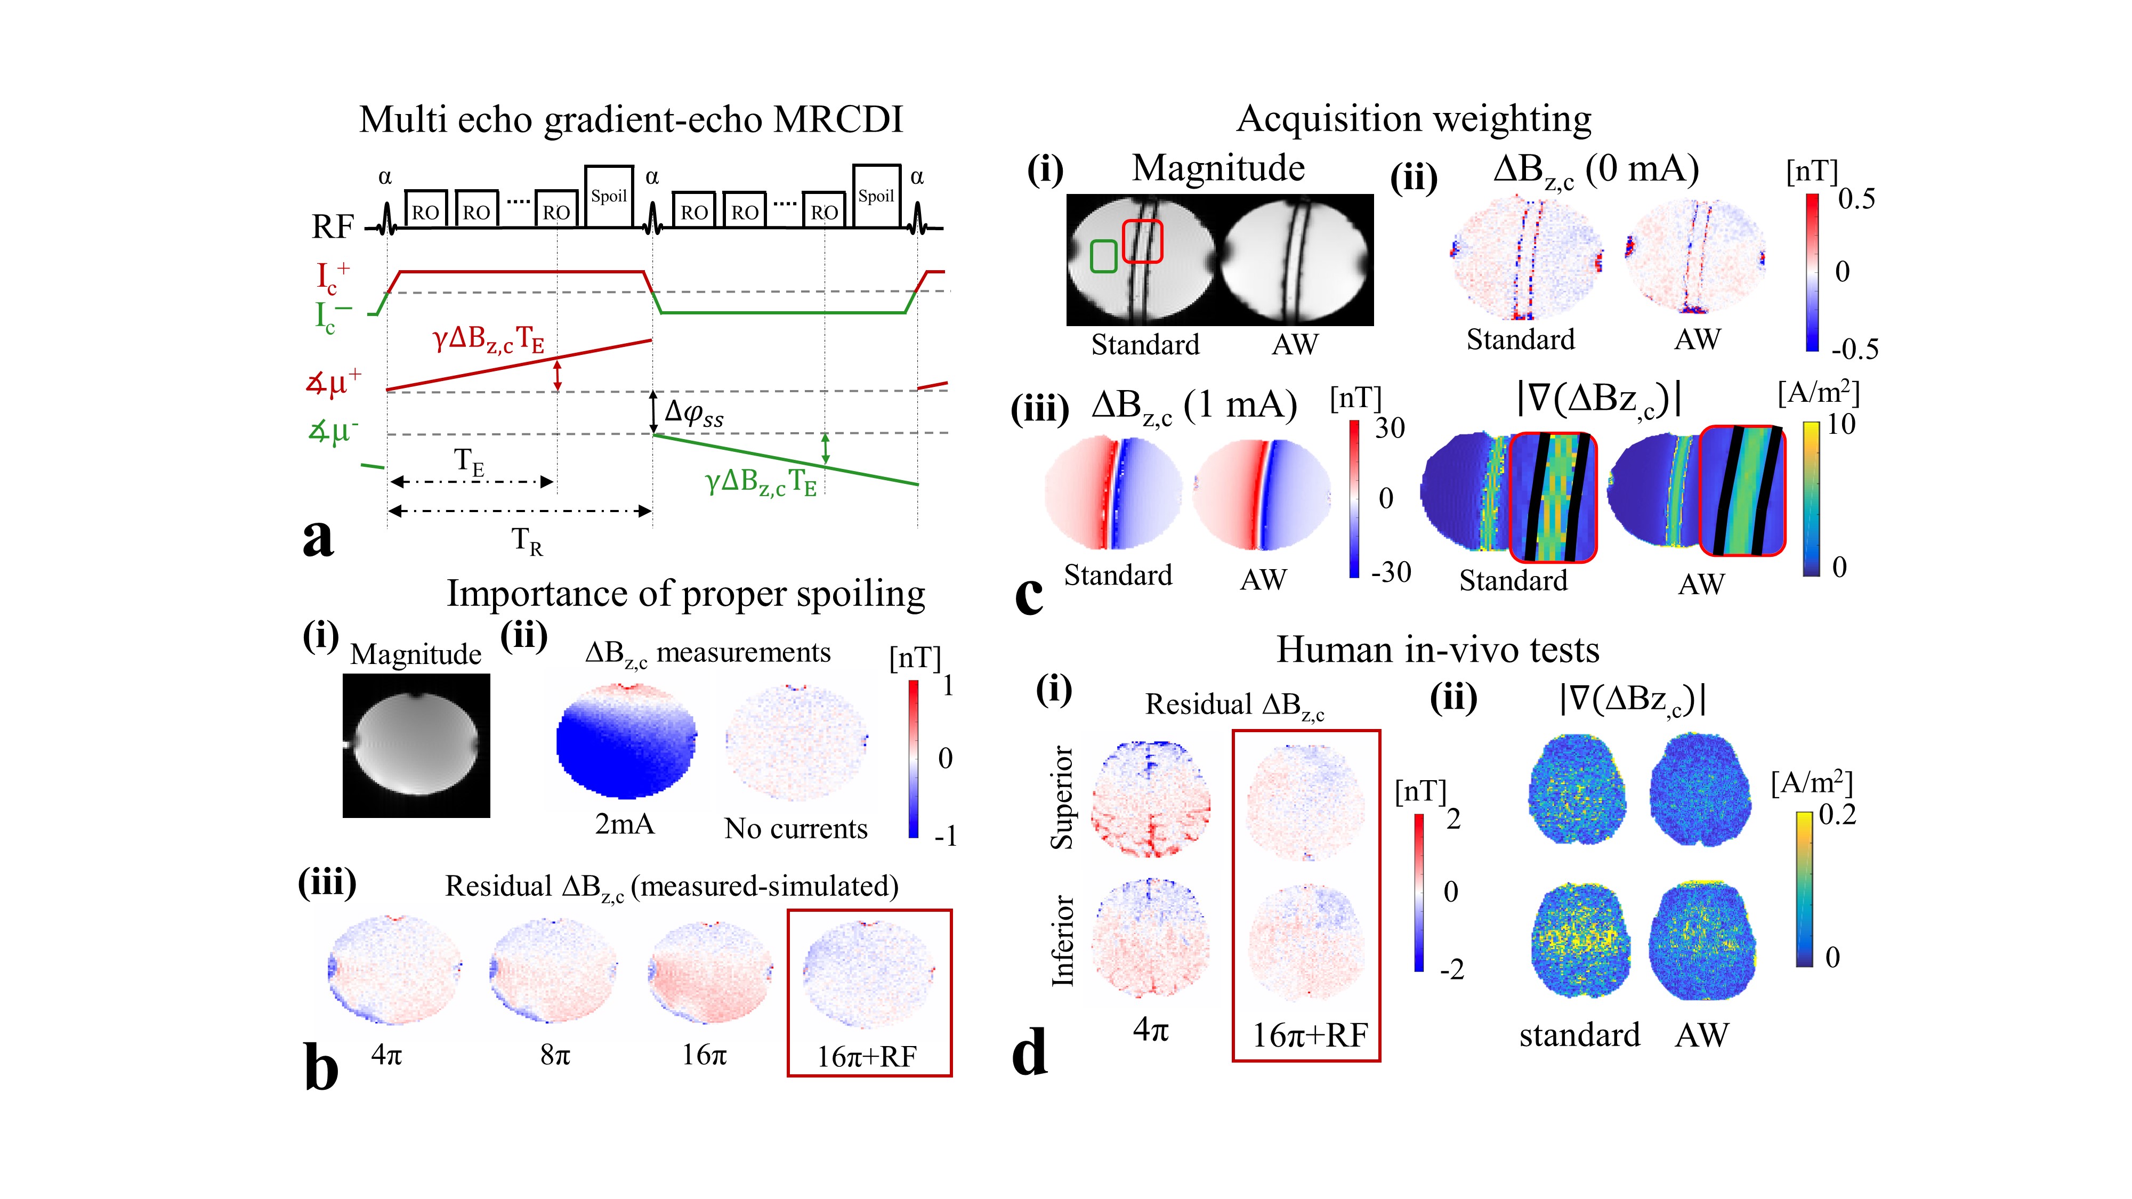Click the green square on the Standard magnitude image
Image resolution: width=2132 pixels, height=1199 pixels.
[1103, 256]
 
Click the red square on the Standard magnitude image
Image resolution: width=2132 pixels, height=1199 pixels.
[1142, 241]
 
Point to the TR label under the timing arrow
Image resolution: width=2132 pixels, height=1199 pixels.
[527, 541]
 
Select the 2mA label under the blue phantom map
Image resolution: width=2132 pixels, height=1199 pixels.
[624, 824]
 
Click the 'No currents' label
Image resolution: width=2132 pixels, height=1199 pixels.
[795, 828]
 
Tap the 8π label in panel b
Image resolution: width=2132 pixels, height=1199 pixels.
[554, 1054]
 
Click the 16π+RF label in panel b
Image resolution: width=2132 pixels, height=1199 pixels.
[867, 1057]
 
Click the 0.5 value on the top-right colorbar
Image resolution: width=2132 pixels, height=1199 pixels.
[1856, 199]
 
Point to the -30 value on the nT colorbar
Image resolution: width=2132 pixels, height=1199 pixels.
[1391, 572]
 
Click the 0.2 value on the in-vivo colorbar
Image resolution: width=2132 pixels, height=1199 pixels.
[1837, 814]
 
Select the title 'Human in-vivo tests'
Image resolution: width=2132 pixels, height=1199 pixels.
[1438, 650]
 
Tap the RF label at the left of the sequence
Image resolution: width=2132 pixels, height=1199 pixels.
[333, 226]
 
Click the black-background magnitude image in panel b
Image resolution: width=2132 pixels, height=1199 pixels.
[416, 746]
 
